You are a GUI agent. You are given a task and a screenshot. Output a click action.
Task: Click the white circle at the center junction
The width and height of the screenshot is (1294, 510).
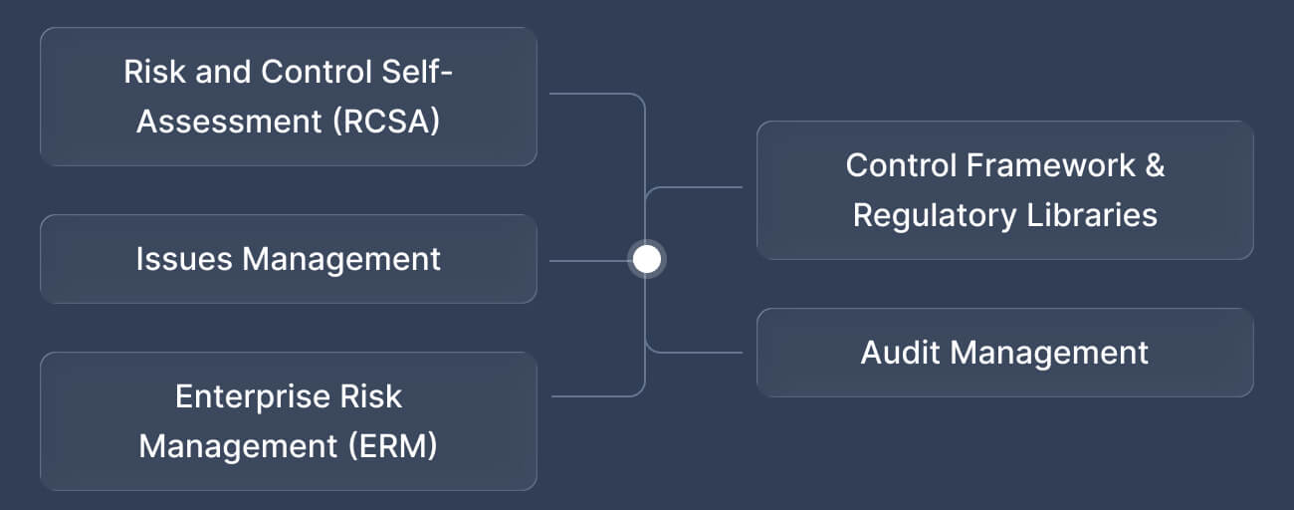pos(647,260)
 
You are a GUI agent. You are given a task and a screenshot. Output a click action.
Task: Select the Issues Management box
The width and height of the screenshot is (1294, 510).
pos(288,259)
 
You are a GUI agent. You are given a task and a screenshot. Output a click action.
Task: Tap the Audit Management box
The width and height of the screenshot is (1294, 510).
pos(1004,353)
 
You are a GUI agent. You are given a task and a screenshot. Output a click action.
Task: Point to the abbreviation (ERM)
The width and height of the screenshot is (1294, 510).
pos(393,446)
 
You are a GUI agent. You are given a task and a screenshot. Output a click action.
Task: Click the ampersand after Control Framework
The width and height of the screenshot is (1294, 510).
pos(1155,165)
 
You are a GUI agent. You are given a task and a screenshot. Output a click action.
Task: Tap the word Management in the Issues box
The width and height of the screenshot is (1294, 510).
pos(341,259)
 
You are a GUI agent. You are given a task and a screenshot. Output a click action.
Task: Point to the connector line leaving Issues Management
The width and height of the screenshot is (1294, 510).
pos(587,261)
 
